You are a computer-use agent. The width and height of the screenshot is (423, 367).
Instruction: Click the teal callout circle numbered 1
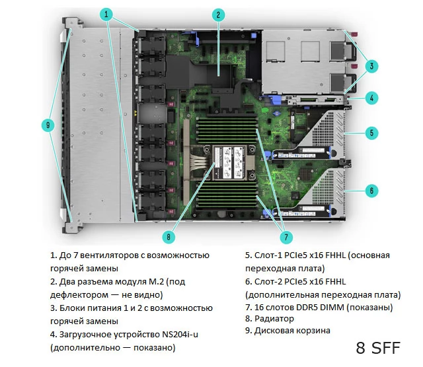[x=106, y=14]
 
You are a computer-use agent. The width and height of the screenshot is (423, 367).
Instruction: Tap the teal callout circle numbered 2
[x=218, y=15]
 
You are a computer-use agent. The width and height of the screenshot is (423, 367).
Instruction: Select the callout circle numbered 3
[x=371, y=66]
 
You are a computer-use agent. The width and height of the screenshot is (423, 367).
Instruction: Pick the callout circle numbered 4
[x=371, y=98]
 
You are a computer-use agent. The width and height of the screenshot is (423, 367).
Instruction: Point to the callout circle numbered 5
[x=371, y=133]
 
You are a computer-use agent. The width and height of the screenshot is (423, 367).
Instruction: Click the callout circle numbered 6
[x=371, y=191]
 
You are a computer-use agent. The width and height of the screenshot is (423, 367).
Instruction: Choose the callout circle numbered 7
[x=286, y=237]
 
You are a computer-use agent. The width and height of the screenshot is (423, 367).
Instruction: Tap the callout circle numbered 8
[x=169, y=237]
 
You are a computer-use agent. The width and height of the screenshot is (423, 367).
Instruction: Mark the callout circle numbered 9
[x=48, y=125]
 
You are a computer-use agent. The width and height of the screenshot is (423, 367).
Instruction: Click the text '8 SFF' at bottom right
[x=378, y=348]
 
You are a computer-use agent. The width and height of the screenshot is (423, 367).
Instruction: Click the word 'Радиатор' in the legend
[x=274, y=319]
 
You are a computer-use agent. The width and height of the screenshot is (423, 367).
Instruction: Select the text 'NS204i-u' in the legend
[x=180, y=335]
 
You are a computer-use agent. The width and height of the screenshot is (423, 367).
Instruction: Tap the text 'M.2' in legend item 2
[x=157, y=282]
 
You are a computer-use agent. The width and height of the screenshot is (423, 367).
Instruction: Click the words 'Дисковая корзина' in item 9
[x=292, y=331]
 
